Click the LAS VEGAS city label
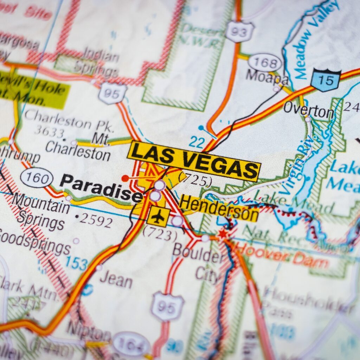tap(194, 161)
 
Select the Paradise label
tap(101, 188)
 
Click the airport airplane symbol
tap(158, 217)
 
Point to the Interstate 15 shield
tap(326, 80)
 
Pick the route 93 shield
tap(240, 32)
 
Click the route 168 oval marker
tap(265, 63)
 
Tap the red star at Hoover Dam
tap(222, 233)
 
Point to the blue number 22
tap(197, 142)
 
